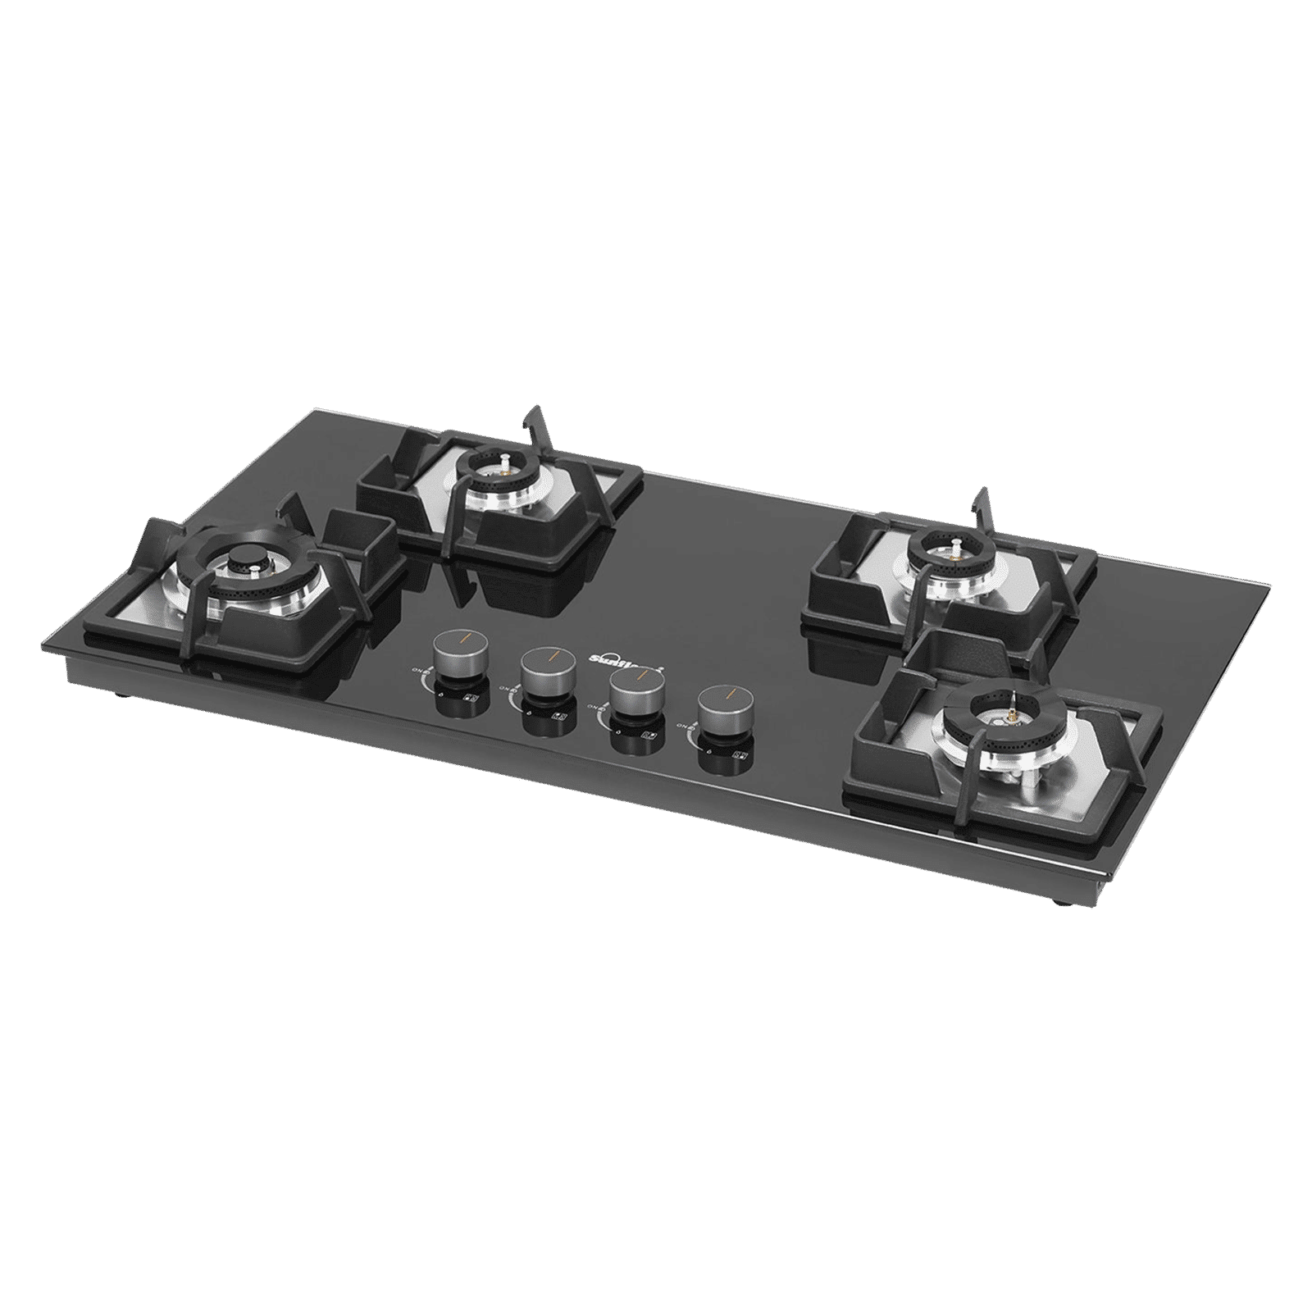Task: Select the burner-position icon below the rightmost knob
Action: click(x=742, y=757)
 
